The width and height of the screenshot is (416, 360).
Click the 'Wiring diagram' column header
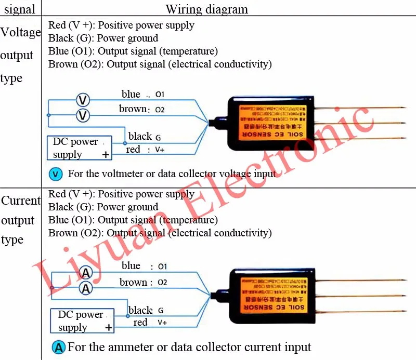(206, 9)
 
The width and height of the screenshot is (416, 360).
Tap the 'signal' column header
(19, 9)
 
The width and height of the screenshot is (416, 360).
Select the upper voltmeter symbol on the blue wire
(83, 99)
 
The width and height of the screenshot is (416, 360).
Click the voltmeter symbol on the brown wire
(83, 115)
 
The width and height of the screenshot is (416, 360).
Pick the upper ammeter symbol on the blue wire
(85, 272)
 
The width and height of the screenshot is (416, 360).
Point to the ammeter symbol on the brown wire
(85, 287)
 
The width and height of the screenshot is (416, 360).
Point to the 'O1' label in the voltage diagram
(160, 95)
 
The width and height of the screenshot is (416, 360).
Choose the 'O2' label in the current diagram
(162, 283)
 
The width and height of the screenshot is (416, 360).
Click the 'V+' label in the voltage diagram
(160, 150)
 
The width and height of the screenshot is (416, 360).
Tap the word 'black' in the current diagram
(140, 310)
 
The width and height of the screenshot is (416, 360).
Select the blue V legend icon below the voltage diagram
(56, 174)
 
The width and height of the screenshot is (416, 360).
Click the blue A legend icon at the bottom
(59, 347)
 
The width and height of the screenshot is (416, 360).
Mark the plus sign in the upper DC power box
(106, 154)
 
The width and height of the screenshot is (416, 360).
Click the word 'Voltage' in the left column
(20, 33)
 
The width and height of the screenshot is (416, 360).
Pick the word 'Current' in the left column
(21, 201)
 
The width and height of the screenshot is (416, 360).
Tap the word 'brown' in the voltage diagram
(133, 109)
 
